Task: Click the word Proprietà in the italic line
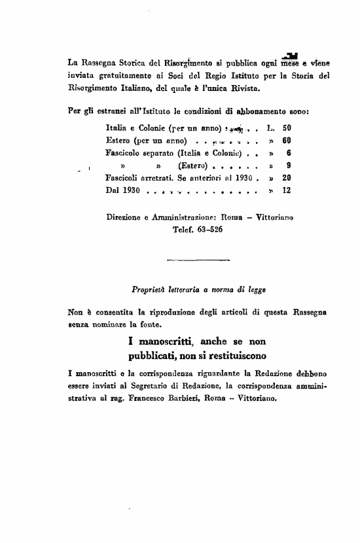150,289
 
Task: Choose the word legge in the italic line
255,289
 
